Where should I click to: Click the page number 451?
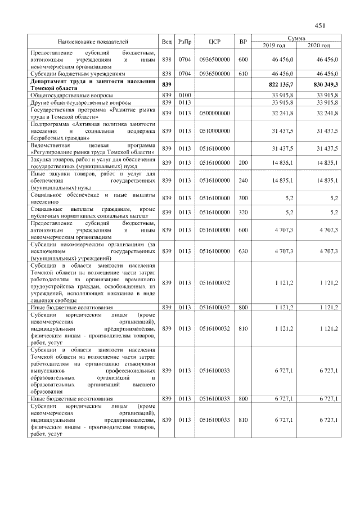tap(320, 25)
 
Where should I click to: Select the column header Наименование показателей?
tap(93, 42)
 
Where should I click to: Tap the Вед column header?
tap(166, 42)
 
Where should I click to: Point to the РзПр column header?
tap(184, 42)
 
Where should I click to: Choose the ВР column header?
tap(243, 42)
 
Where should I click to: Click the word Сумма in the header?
tap(296, 38)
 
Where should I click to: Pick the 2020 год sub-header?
tap(318, 45)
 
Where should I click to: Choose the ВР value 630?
tap(243, 251)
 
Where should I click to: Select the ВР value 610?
tap(243, 73)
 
